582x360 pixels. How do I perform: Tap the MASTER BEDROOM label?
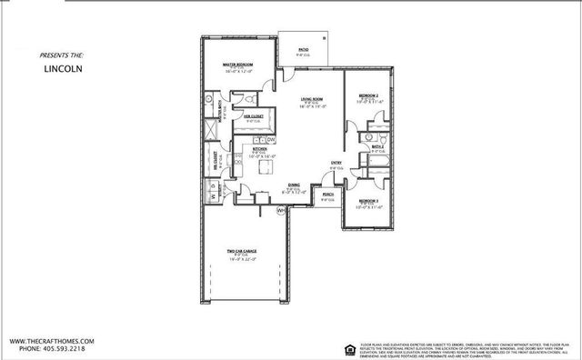237,65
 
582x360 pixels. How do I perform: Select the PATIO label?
304,51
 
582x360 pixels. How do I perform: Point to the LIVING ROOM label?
316,101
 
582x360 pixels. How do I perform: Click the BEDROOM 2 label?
367,95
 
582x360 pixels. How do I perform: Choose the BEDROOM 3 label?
367,199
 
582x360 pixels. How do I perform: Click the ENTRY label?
336,164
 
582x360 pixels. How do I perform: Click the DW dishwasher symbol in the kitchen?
271,138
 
